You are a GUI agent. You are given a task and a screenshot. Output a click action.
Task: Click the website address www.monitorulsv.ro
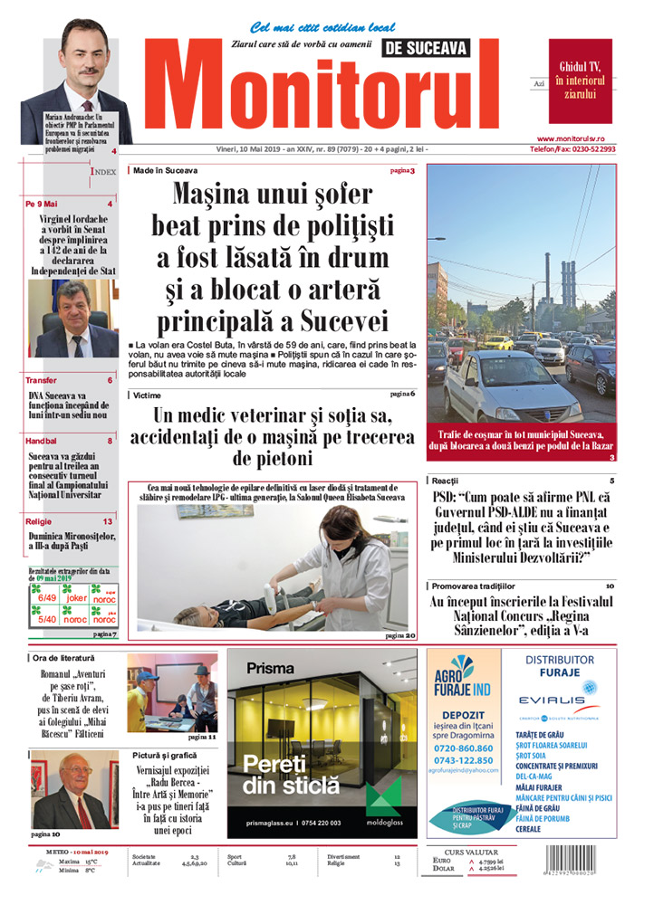[x=583, y=138]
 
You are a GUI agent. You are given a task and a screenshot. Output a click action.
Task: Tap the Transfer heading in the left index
[x=41, y=380]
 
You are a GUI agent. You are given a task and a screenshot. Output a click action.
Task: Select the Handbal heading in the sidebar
[x=43, y=441]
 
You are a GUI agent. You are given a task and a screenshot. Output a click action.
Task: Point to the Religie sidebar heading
[x=39, y=521]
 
